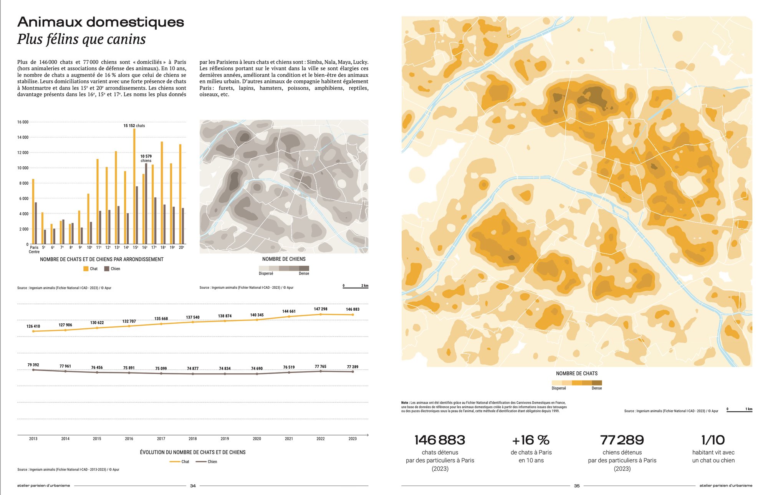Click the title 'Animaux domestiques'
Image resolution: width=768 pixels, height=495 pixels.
coord(101,22)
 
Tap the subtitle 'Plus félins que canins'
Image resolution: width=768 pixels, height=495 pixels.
coord(81,39)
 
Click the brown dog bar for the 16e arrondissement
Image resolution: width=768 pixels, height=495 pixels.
coord(146,204)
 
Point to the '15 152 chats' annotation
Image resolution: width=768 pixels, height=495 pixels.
coord(134,126)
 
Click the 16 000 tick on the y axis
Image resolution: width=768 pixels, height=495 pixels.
coord(23,122)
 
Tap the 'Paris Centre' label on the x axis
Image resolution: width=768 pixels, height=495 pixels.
coord(34,250)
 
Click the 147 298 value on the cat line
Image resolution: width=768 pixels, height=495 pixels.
coord(321,309)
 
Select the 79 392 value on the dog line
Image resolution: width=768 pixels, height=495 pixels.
coord(33,365)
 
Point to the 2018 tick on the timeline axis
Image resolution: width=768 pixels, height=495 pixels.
coord(193,439)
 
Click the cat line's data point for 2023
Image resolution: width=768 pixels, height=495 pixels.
coord(353,315)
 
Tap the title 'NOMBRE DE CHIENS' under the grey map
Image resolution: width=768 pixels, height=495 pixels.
coord(284,259)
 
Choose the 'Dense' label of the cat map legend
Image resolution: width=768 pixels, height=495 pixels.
coord(597,388)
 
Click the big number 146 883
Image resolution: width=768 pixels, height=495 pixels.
coord(440,440)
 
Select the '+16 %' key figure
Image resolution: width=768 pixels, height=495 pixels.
coord(531,440)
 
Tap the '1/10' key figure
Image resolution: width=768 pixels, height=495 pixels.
coord(713,440)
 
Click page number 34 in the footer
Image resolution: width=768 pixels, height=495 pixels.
coord(193,486)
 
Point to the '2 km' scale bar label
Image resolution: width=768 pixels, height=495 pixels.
coord(364,285)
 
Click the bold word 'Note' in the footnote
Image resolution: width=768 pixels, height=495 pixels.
coord(405,403)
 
